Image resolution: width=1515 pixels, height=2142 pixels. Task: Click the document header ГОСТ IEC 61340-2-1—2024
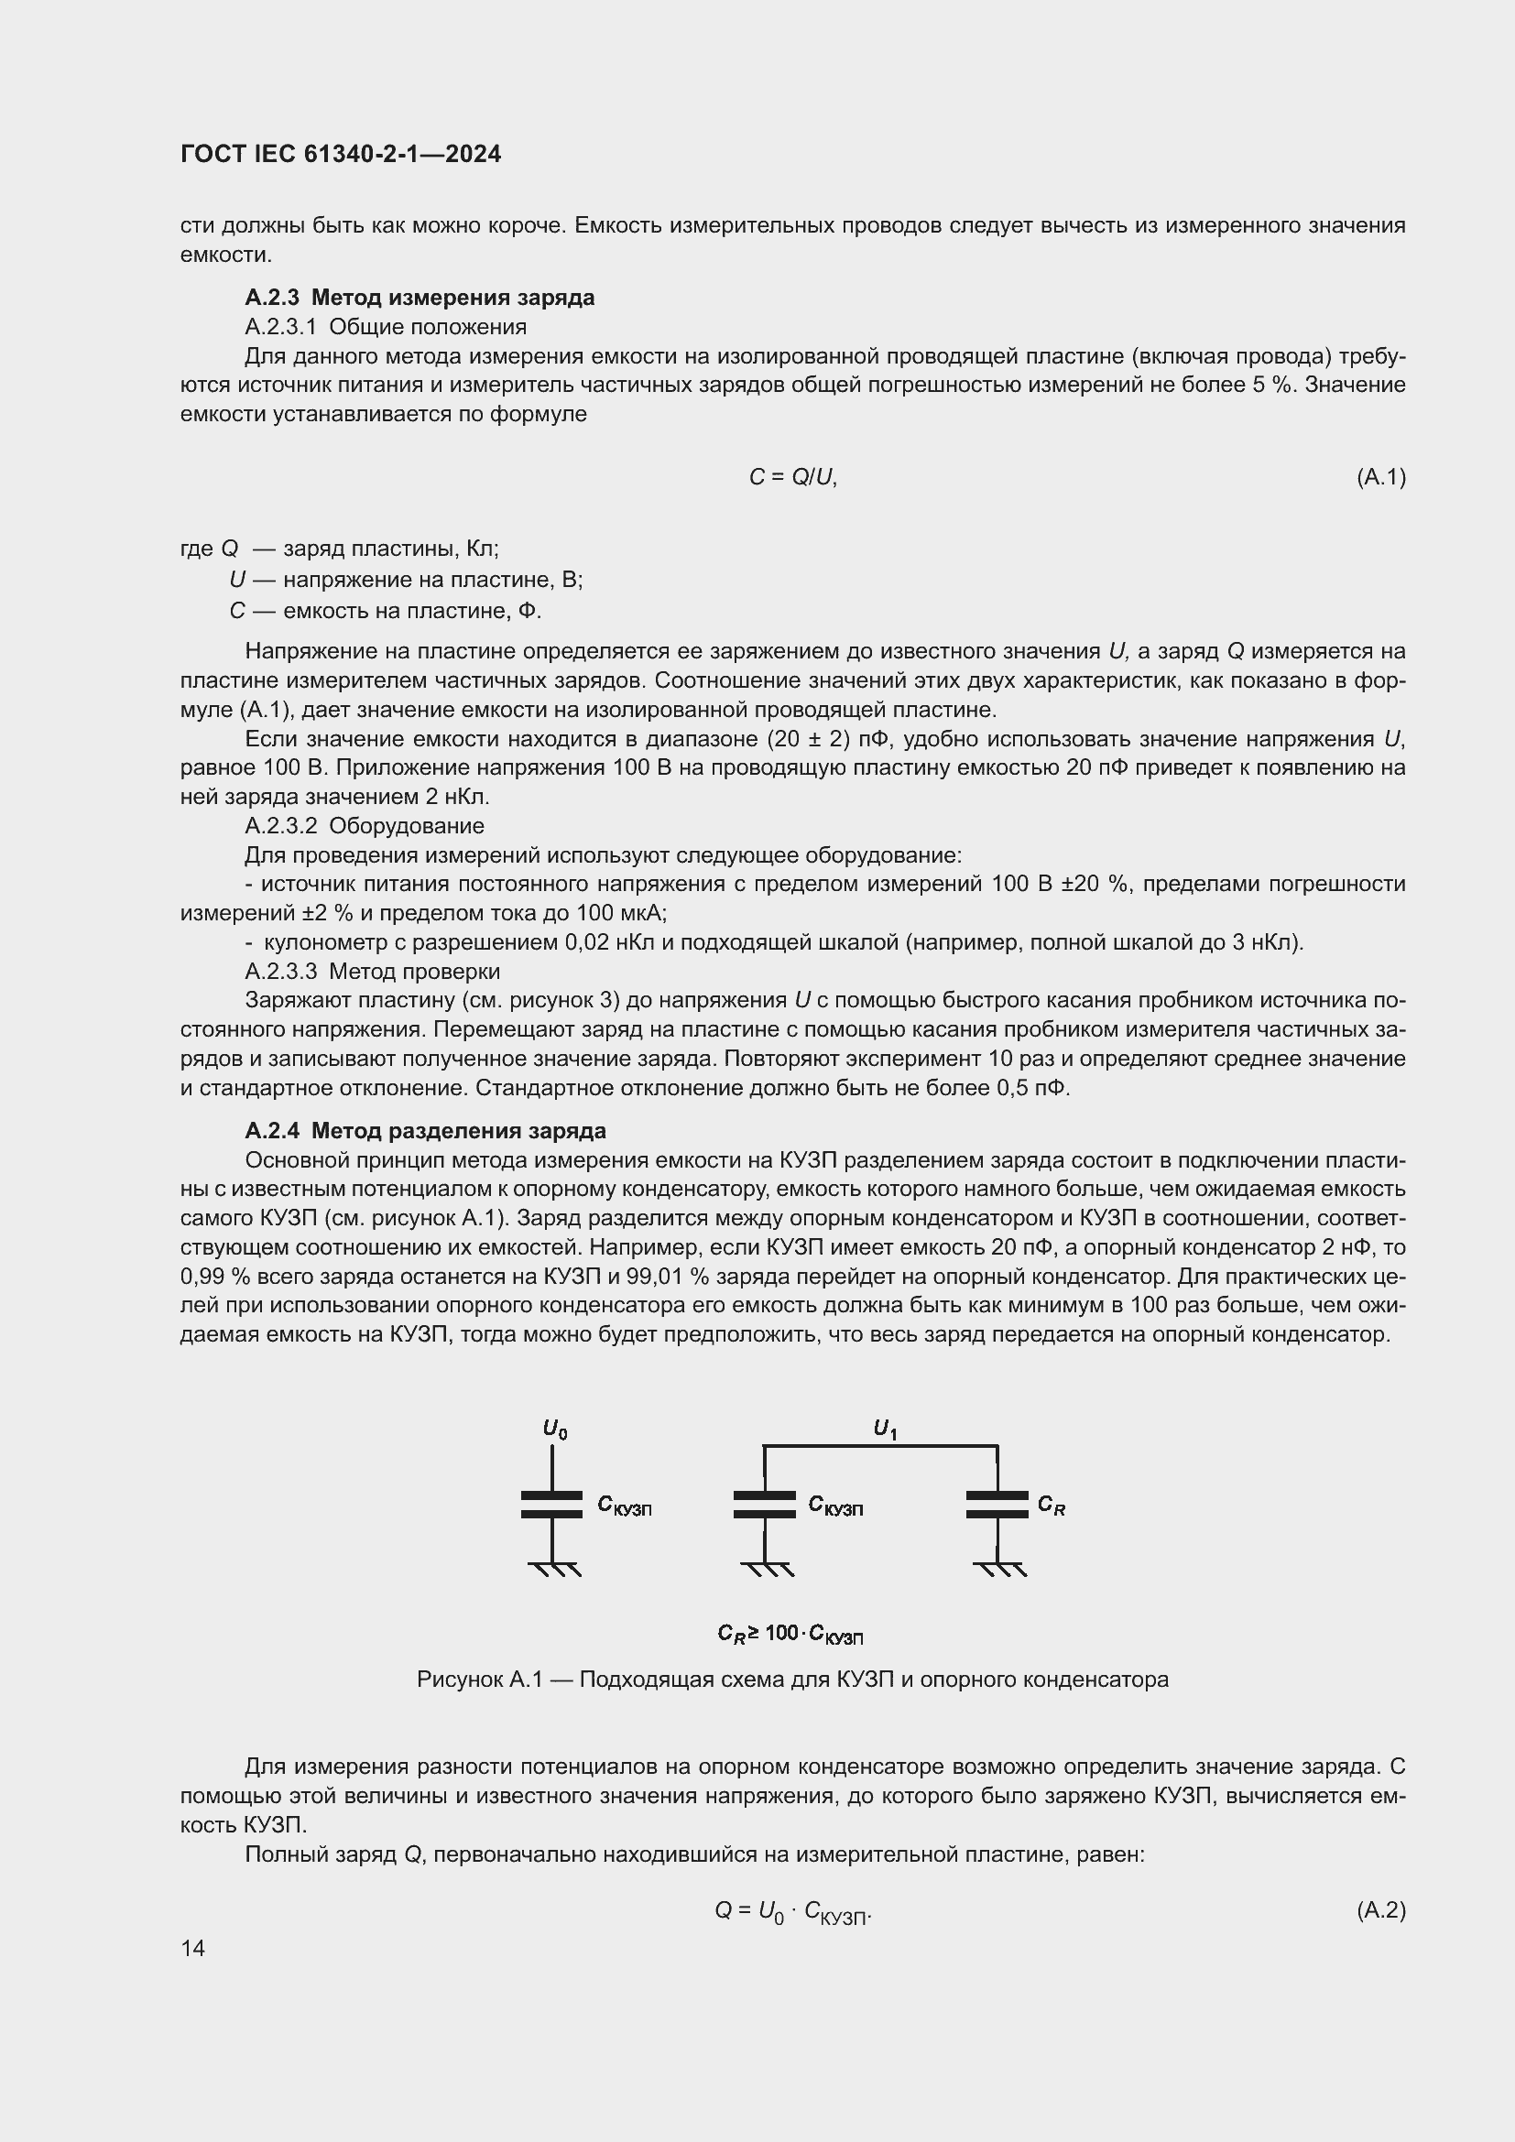tap(341, 154)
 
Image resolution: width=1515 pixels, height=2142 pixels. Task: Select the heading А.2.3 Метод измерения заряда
tap(419, 298)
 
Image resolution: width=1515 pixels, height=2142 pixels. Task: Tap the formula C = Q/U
tap(792, 477)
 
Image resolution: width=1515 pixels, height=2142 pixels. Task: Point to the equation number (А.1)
tap(1380, 477)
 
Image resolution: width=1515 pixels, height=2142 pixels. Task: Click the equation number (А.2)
tap(1380, 1909)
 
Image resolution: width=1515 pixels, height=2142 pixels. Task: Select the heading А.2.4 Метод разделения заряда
tap(424, 1131)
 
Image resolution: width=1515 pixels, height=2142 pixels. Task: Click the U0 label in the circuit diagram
tap(554, 1429)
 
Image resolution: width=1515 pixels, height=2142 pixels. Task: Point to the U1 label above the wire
tap(885, 1428)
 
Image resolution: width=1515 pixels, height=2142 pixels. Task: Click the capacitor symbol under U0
tap(551, 1504)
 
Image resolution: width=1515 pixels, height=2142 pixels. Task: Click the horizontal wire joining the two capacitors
tap(880, 1446)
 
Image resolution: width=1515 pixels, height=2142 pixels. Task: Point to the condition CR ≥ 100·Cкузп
tap(790, 1633)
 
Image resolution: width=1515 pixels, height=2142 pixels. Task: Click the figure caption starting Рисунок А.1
tap(792, 1680)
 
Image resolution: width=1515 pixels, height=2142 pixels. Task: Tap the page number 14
tap(193, 1948)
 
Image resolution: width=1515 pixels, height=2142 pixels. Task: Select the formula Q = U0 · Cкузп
tap(792, 1911)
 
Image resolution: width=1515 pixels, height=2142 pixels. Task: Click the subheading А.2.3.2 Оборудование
tap(364, 826)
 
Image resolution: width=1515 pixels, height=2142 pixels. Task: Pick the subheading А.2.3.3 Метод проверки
tap(372, 971)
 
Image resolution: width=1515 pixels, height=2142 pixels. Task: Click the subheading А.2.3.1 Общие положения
tap(386, 327)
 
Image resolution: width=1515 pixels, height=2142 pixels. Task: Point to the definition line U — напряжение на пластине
tap(406, 580)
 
